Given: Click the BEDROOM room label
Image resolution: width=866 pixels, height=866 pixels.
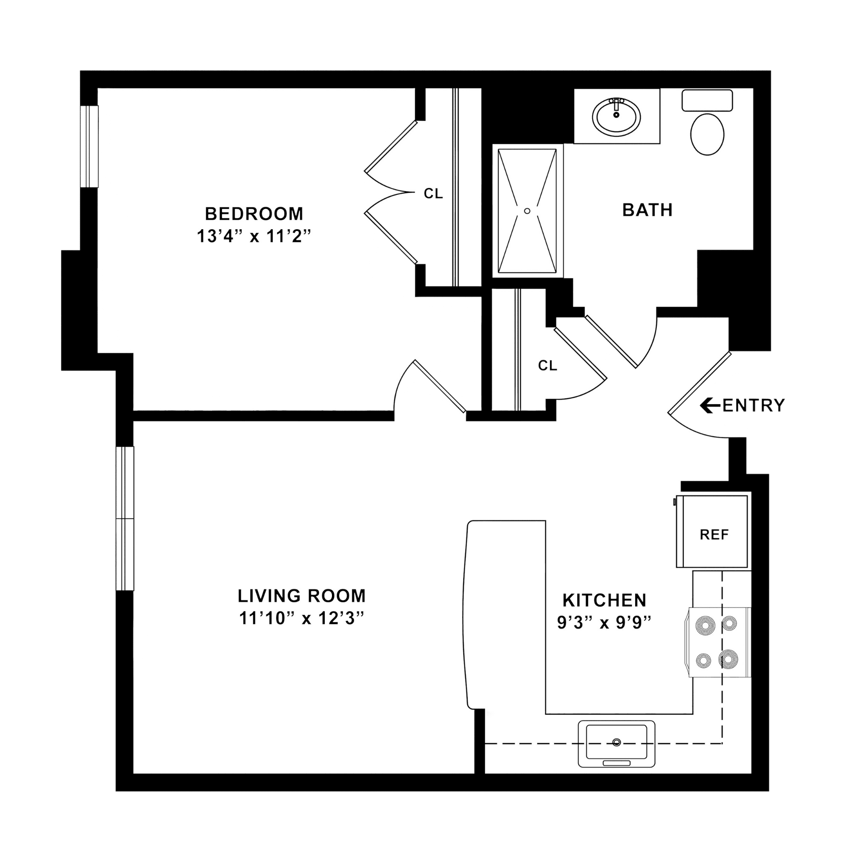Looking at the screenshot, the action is click(254, 214).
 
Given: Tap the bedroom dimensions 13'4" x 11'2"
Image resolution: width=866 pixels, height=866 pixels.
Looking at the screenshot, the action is click(254, 236).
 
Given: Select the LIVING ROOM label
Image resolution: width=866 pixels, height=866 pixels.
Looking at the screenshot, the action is click(302, 596).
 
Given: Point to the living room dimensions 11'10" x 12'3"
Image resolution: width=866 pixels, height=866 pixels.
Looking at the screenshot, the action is click(302, 618).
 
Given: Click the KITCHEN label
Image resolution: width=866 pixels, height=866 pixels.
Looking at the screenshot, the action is click(604, 600).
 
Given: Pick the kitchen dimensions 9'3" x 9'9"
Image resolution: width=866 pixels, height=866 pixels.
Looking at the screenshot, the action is click(604, 622).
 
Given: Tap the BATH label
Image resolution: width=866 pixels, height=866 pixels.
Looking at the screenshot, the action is click(648, 210).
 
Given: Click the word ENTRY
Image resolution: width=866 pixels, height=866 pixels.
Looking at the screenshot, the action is click(754, 405).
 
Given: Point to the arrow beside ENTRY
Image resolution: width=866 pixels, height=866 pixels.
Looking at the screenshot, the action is click(710, 405).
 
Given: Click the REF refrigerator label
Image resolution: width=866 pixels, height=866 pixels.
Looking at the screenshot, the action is click(714, 534).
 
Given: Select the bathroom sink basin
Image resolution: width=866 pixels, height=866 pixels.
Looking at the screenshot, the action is click(616, 117).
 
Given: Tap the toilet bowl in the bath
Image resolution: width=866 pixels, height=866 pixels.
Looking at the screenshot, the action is click(707, 134).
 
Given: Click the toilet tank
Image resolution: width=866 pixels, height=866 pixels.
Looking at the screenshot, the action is click(707, 101).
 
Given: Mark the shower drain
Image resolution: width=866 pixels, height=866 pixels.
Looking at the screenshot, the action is click(527, 211).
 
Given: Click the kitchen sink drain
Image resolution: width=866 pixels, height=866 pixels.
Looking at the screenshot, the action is click(617, 742).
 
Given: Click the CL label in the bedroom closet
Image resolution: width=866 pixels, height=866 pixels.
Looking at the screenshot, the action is click(433, 193).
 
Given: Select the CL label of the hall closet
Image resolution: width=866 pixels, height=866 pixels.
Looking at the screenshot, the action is click(548, 365).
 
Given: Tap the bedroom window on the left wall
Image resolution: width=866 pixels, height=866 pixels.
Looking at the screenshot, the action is click(89, 146).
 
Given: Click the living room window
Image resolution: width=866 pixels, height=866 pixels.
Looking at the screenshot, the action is click(125, 518).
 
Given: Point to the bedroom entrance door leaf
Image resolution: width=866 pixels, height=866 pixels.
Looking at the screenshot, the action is click(440, 386).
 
